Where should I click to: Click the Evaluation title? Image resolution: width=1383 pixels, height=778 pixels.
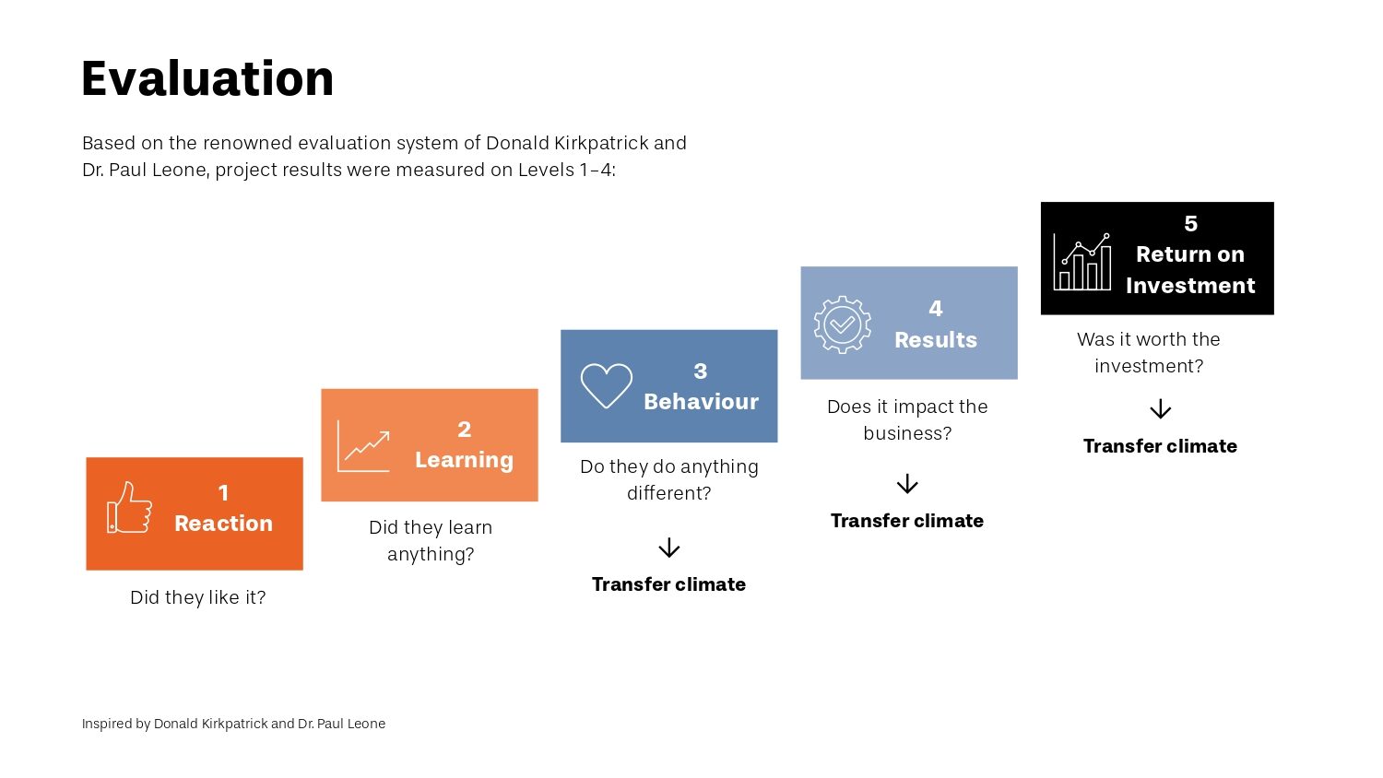207,78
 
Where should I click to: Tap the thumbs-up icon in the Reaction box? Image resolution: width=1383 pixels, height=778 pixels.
129,507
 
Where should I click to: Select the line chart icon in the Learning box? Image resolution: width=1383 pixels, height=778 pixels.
363,446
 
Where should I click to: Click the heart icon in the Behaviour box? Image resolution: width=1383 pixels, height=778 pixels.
607,386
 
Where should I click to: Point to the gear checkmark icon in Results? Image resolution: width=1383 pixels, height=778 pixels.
842,324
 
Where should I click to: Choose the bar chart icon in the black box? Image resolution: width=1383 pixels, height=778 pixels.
1082,262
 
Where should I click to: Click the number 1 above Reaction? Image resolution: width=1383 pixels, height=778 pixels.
223,493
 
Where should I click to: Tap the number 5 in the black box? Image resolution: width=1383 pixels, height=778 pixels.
1190,223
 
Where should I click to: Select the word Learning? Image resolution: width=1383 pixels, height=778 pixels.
465,460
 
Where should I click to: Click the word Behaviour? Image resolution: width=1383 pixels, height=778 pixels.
701,402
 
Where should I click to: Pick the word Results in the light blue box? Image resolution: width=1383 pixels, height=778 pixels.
936,339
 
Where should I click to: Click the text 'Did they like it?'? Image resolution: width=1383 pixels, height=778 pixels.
197,597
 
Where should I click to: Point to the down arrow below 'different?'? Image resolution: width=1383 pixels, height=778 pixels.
668,548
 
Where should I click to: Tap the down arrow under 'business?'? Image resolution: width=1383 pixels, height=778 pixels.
907,483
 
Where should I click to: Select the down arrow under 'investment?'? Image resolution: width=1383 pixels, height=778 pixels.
1160,408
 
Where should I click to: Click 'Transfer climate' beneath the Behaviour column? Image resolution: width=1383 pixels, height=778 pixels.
668,584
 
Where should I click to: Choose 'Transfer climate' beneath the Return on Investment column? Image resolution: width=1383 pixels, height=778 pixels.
1160,446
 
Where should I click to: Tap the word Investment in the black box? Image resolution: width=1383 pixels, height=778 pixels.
1190,286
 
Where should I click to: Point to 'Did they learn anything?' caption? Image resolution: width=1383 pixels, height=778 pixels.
431,541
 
